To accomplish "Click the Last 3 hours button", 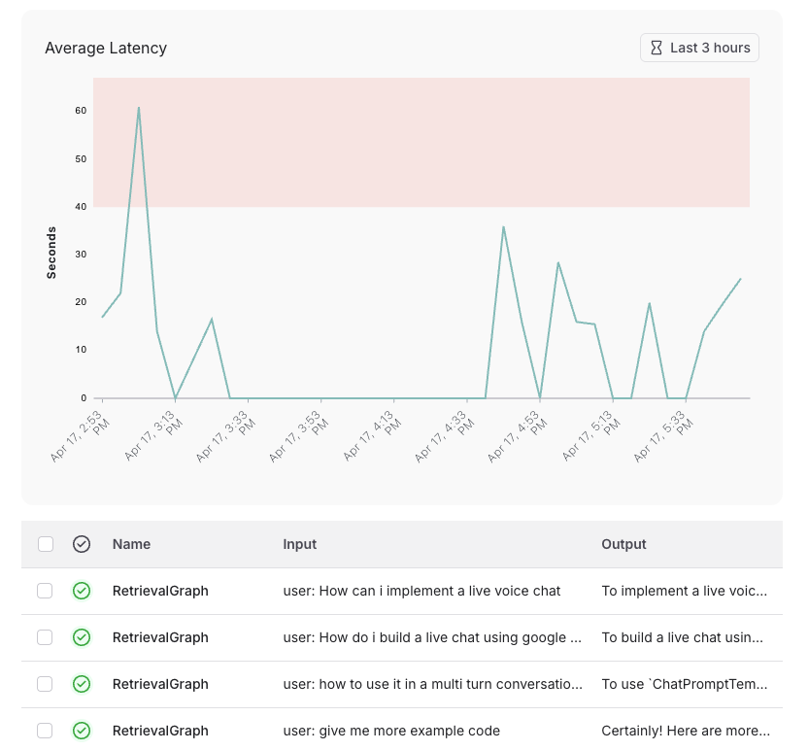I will click(x=699, y=48).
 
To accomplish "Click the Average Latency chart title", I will click(x=106, y=48).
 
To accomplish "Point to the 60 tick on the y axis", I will click(x=81, y=111).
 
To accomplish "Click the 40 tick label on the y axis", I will click(x=81, y=206).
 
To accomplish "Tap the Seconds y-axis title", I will click(x=51, y=253).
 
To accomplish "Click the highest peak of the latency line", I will click(x=139, y=108).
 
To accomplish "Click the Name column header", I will click(x=131, y=544).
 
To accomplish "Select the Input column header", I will click(x=299, y=544).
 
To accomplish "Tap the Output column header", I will click(x=623, y=544).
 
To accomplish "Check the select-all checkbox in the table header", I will click(x=46, y=544).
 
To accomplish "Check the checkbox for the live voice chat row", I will click(x=45, y=591).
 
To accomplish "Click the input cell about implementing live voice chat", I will click(x=421, y=591).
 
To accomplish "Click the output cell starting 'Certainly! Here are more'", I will click(x=686, y=731).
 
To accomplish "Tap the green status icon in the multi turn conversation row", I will click(x=82, y=684).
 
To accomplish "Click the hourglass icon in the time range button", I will click(x=656, y=48).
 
